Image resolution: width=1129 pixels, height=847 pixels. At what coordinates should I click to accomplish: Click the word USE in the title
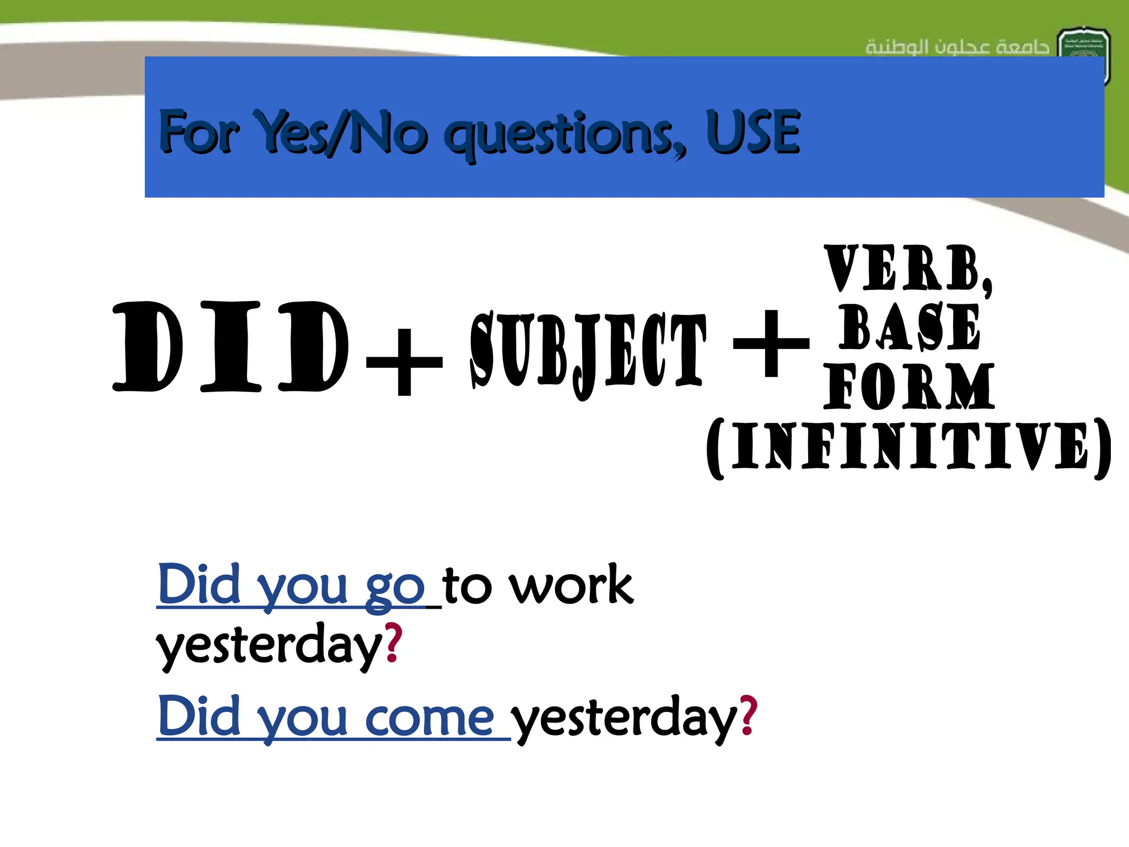[752, 132]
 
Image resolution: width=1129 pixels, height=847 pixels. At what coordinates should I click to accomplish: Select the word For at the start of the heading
[198, 132]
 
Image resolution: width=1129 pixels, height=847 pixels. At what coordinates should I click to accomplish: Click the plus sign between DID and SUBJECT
[404, 362]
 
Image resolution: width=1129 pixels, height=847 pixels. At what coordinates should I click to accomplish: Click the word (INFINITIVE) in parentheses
[910, 447]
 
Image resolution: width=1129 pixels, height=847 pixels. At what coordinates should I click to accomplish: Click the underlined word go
[395, 587]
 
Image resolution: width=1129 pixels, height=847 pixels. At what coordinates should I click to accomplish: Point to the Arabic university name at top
[957, 47]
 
